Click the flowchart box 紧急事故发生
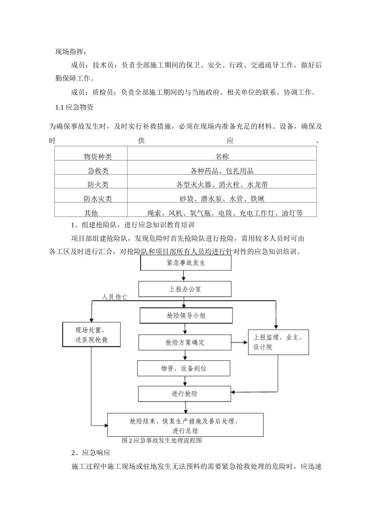pyautogui.click(x=186, y=263)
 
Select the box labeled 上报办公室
pyautogui.click(x=185, y=289)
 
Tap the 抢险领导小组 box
pyautogui.click(x=186, y=315)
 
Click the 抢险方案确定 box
pyautogui.click(x=185, y=342)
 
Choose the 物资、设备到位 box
pyautogui.click(x=184, y=369)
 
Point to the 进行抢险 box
pyautogui.click(x=184, y=394)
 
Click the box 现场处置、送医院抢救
pyautogui.click(x=91, y=335)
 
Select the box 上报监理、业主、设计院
pyautogui.click(x=278, y=342)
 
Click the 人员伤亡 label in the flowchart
pyautogui.click(x=114, y=297)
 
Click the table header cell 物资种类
pyautogui.click(x=98, y=157)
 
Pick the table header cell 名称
pyautogui.click(x=222, y=157)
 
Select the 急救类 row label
pyautogui.click(x=98, y=171)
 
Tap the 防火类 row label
pyautogui.click(x=98, y=185)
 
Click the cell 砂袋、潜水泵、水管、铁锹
pyautogui.click(x=222, y=199)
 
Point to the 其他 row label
pyautogui.click(x=91, y=213)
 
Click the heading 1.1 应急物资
pyautogui.click(x=74, y=107)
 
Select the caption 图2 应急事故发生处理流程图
pyautogui.click(x=162, y=440)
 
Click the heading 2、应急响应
pyautogui.click(x=91, y=453)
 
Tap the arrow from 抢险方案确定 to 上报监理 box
pyautogui.click(x=240, y=342)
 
